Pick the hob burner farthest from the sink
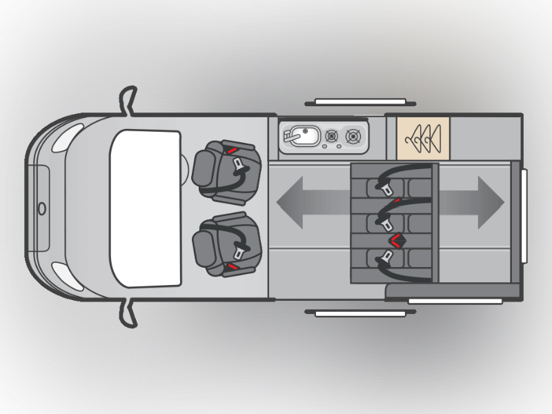355,137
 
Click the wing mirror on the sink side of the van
128,100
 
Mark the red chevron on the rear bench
398,240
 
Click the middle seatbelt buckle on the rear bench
382,221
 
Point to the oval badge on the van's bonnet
41,208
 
